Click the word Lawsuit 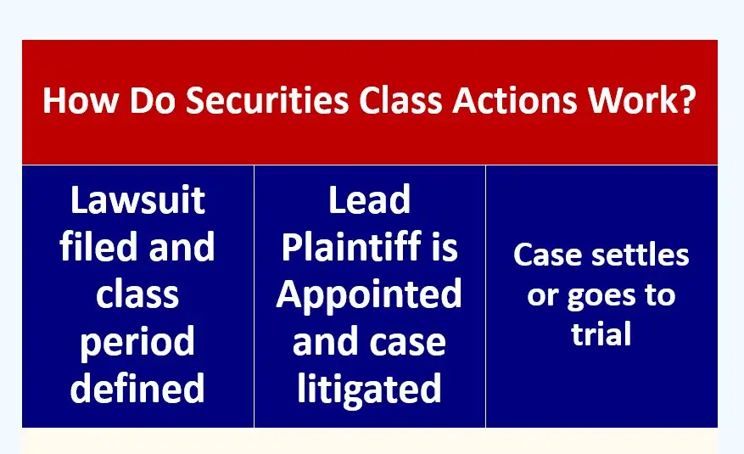[137, 201]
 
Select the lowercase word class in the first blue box [137, 294]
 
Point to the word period [137, 343]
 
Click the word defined [137, 388]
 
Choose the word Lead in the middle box [369, 201]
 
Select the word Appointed [369, 294]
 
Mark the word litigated [369, 388]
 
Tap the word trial [601, 334]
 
